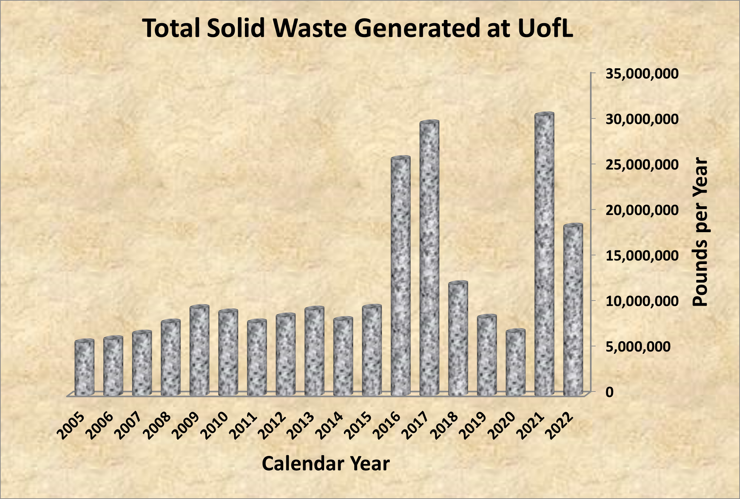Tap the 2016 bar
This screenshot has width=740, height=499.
coord(400,277)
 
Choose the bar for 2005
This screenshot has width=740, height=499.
coord(84,368)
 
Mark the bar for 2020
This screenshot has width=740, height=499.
coord(515,363)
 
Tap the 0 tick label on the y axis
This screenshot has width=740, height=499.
coord(610,392)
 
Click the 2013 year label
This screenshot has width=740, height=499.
coord(300,426)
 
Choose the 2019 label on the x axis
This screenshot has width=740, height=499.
coord(473,426)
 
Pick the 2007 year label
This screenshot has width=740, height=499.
coord(128,426)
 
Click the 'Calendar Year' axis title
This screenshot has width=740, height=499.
coord(326,464)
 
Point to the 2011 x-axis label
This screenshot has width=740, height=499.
coord(243,426)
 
